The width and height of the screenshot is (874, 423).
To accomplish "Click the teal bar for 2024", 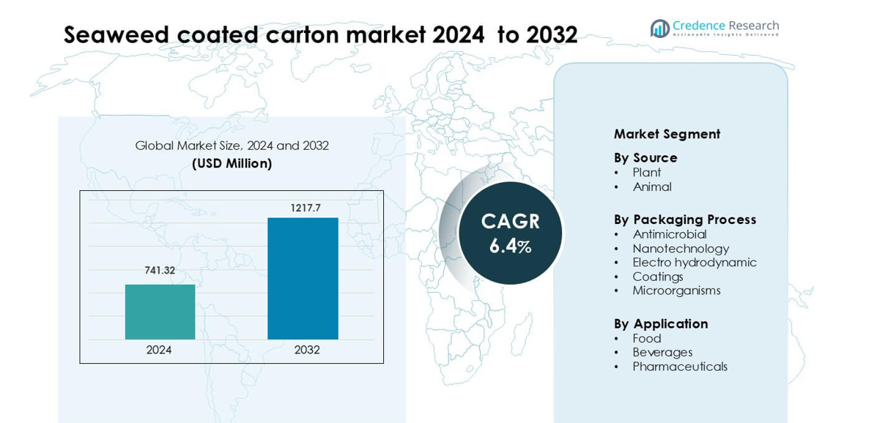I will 160,312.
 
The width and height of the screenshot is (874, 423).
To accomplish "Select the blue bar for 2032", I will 303,278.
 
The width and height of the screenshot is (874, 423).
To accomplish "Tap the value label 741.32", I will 160,270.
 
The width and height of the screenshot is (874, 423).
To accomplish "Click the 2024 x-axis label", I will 159,350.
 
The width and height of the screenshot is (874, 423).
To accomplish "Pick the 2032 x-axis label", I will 307,350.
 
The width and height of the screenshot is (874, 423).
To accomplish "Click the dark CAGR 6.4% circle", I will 510,233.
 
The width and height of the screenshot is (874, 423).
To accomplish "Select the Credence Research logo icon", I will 659,29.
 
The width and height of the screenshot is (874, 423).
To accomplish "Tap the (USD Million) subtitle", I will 232,163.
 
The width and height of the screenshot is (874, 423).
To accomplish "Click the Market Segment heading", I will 667,134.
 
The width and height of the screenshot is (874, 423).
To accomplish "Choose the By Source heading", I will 645,157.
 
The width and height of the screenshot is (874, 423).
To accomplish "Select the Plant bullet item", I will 646,173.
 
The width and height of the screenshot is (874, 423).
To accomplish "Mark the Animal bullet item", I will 652,187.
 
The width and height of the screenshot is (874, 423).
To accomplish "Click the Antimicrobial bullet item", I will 670,234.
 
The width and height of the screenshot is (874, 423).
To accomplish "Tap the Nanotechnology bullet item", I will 681,249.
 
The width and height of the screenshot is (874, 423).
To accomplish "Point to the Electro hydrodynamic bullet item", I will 695,262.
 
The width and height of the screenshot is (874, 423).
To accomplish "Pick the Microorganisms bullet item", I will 676,291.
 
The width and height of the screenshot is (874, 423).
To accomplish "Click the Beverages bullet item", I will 662,352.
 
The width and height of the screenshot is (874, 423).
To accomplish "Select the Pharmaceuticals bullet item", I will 680,367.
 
